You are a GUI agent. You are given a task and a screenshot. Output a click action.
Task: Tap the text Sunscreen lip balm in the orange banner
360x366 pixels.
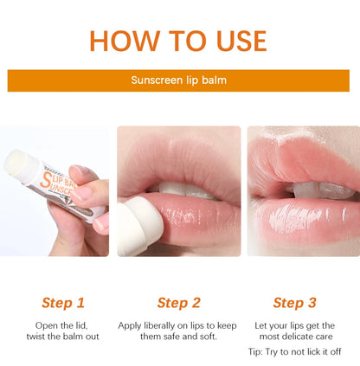178,80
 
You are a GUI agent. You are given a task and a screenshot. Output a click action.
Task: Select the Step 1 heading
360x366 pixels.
63,302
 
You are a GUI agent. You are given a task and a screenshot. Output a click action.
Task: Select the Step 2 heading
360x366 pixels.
178,302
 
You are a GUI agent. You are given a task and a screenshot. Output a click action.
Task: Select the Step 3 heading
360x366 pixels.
294,302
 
